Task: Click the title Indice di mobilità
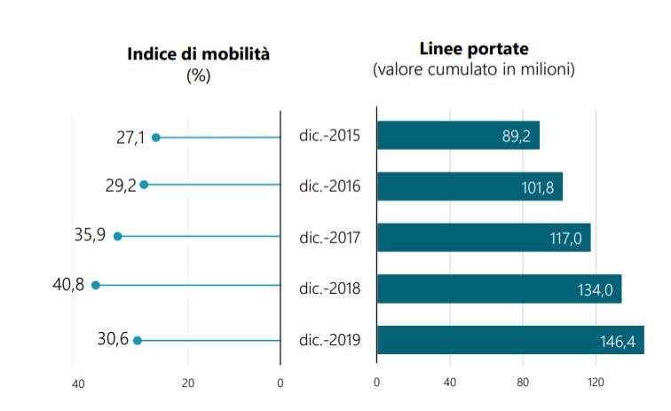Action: click(x=198, y=54)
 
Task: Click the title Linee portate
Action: click(x=473, y=48)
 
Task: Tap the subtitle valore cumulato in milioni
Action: click(x=473, y=69)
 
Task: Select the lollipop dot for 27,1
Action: click(x=156, y=138)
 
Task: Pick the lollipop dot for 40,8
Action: click(x=96, y=285)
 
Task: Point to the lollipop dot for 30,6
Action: click(x=138, y=340)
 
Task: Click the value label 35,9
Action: click(x=90, y=236)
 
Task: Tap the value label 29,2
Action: click(x=121, y=186)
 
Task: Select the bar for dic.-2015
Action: click(x=458, y=135)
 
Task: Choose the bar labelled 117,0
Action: click(x=484, y=237)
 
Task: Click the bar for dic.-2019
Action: click(x=510, y=340)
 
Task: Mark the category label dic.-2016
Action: click(x=328, y=186)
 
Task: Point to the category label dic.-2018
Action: click(x=328, y=288)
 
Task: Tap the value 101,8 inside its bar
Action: click(x=539, y=189)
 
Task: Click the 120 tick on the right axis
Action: click(x=596, y=383)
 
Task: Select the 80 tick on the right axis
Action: click(x=523, y=383)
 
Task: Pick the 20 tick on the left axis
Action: click(x=188, y=384)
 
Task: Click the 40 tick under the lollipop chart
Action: click(x=78, y=384)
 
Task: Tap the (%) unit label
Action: click(x=198, y=75)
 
